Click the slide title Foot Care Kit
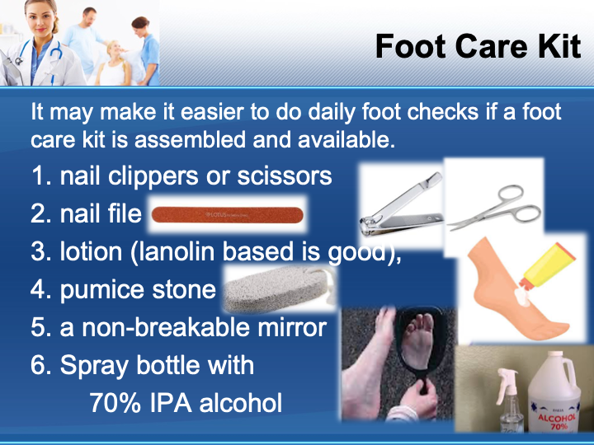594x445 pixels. pyautogui.click(x=478, y=46)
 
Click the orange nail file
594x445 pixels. pyautogui.click(x=228, y=215)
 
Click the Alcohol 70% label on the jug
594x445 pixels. pyautogui.click(x=557, y=421)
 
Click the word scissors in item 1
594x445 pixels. pyautogui.click(x=285, y=176)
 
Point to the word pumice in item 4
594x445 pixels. pyautogui.click(x=102, y=291)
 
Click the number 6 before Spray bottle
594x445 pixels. pyautogui.click(x=38, y=365)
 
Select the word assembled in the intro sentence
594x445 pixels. pyautogui.click(x=190, y=139)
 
